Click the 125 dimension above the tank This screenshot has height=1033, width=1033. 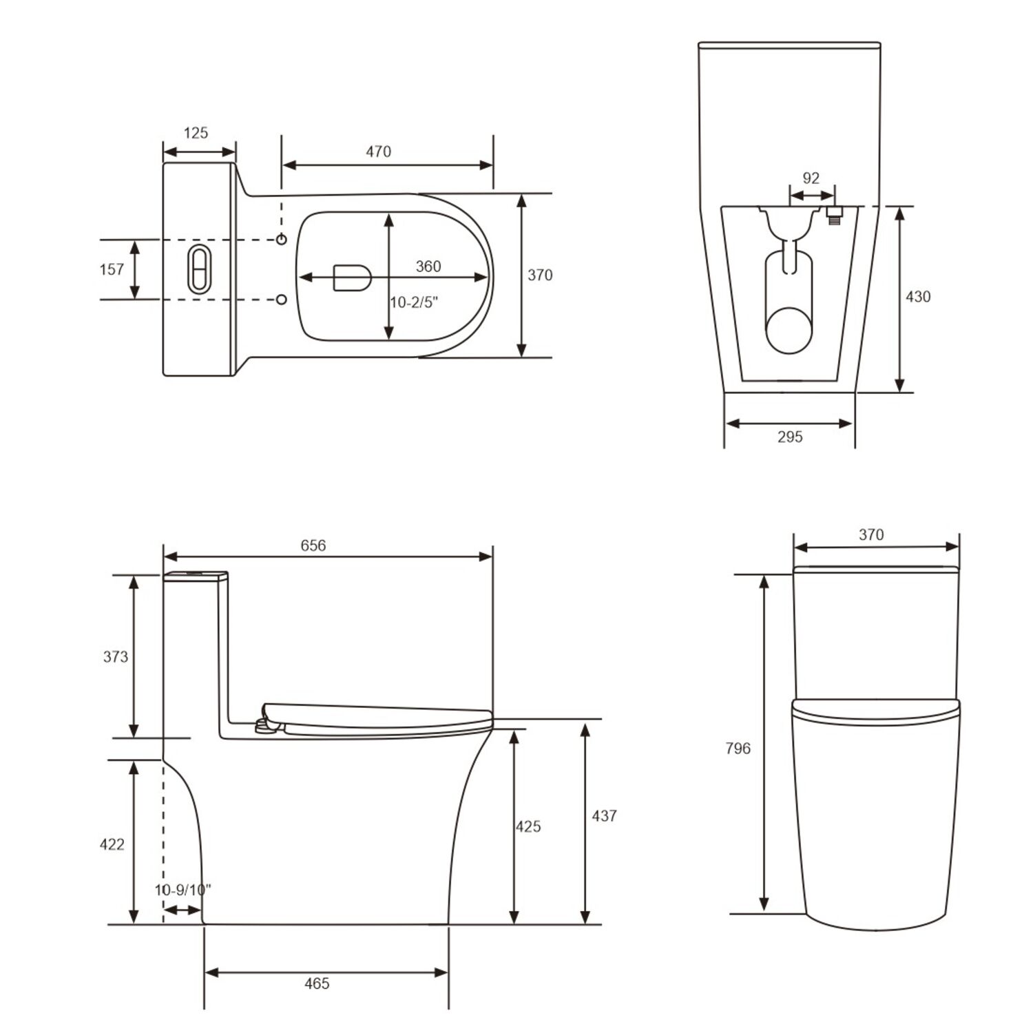pos(196,133)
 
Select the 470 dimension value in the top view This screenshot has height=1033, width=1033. pos(378,152)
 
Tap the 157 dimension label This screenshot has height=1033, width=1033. pos(112,269)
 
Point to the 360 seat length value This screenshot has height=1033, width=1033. pos(428,267)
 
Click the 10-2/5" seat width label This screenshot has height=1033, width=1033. pos(414,302)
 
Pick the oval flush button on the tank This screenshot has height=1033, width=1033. pos(198,269)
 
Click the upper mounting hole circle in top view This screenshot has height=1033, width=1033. pos(282,239)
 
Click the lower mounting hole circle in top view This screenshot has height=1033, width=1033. pos(282,300)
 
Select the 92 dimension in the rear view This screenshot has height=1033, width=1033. pos(811,178)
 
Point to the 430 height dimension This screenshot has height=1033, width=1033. pos(917,297)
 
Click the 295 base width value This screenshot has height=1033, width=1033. pos(790,437)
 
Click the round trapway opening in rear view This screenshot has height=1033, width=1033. pos(790,330)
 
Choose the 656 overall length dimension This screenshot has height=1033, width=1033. pos(313,545)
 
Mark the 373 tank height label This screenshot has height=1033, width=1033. pos(116,657)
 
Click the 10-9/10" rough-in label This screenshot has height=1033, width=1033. pos(182,890)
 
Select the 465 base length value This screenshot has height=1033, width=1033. pos(317,983)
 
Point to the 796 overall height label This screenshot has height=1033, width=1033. pos(738,749)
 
